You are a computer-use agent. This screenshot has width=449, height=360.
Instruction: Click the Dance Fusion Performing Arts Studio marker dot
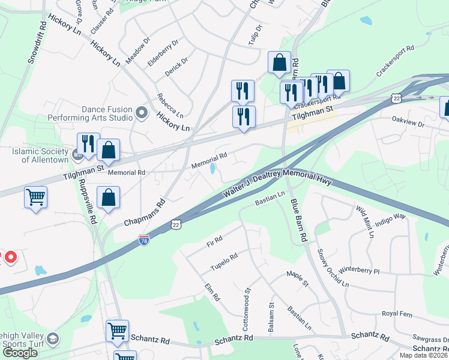pos(142,112)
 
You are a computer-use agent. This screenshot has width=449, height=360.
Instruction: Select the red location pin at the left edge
pos(10,258)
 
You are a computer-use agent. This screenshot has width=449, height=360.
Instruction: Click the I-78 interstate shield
pos(143,240)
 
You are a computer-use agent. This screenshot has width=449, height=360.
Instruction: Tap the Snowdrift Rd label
pos(37,44)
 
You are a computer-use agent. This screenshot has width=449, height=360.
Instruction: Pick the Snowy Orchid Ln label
pos(332,266)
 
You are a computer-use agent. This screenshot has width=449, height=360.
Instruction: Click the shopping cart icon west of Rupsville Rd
pos(35,197)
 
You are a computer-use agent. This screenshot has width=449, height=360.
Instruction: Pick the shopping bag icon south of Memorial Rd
pos(108,198)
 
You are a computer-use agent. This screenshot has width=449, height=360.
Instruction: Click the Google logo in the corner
pos(20,353)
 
